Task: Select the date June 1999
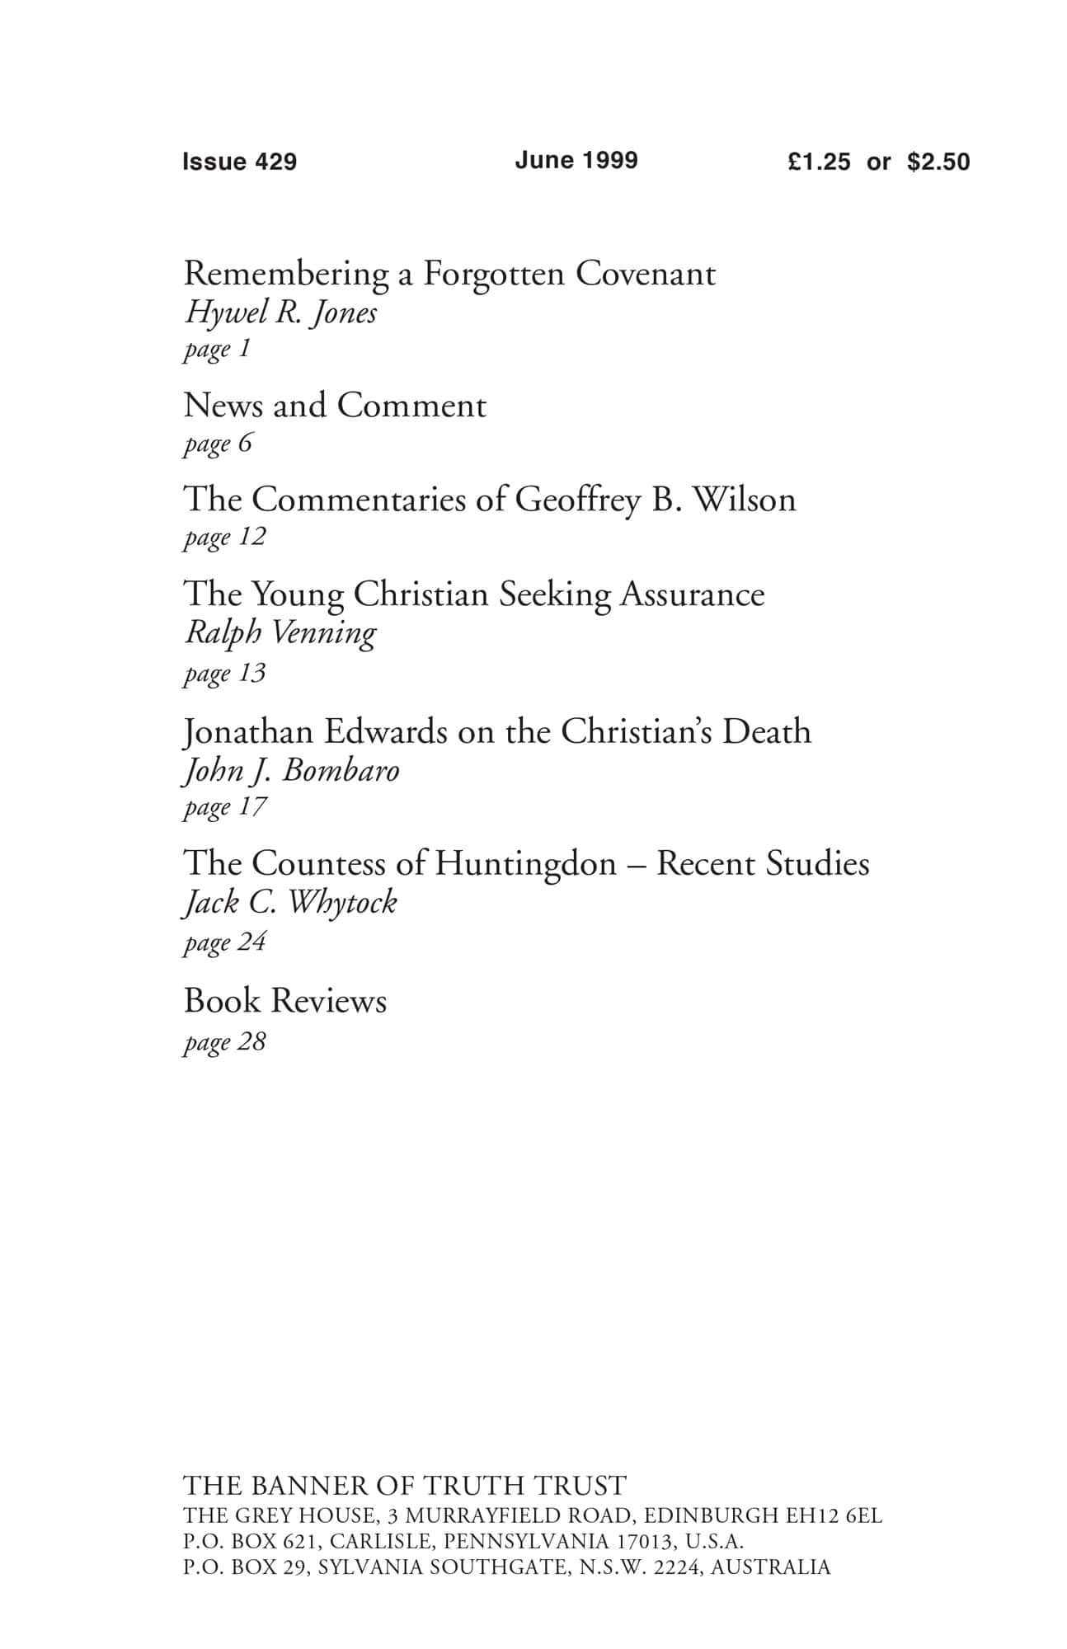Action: (x=576, y=160)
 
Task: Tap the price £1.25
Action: (x=818, y=162)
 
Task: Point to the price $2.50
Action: (x=938, y=162)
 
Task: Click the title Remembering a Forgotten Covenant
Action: (x=449, y=274)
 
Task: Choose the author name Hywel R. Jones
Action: (x=280, y=312)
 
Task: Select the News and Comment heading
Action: (x=335, y=406)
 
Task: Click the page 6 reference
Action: (x=218, y=444)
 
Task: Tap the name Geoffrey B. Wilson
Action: (x=656, y=500)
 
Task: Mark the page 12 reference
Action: (x=224, y=538)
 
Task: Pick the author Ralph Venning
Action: (x=280, y=633)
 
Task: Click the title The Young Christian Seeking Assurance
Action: (x=474, y=594)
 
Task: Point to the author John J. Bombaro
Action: (x=291, y=771)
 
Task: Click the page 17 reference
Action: (x=224, y=807)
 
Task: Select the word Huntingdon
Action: (x=525, y=864)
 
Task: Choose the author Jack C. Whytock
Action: (x=289, y=903)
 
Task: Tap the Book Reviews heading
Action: (x=285, y=1001)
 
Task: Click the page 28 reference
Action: (x=224, y=1042)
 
